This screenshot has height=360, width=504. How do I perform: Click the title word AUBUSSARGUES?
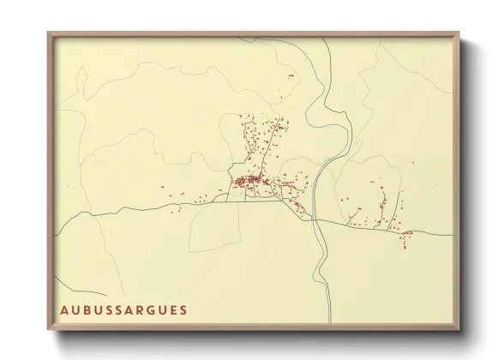123,308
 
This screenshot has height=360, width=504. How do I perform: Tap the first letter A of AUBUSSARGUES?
64,308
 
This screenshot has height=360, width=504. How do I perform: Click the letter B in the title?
87,308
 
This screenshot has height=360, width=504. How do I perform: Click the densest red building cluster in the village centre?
248,180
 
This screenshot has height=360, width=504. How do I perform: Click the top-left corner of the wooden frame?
49,33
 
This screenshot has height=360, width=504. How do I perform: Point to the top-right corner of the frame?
459,33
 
